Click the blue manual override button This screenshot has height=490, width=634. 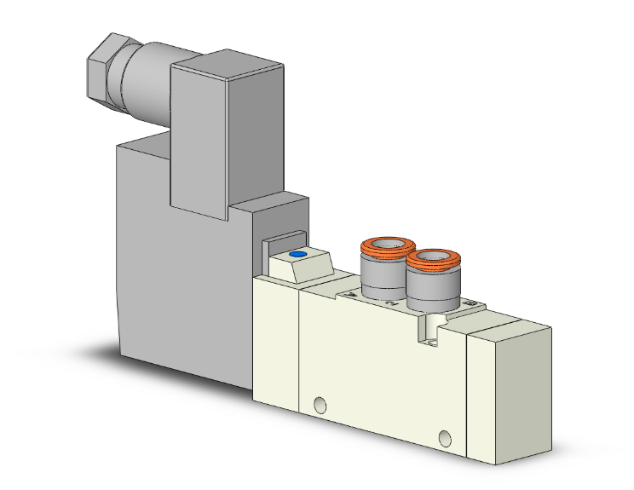pos(297,255)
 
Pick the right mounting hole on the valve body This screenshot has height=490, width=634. pos(442,439)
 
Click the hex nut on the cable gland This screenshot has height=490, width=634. pos(103,65)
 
